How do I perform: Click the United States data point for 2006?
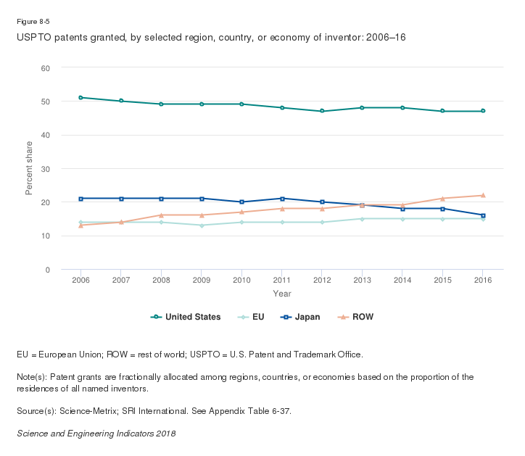(80, 97)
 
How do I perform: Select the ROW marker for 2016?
(483, 195)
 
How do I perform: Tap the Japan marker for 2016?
(483, 215)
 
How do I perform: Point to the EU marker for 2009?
(202, 225)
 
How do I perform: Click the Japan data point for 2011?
(282, 199)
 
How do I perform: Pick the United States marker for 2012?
(322, 111)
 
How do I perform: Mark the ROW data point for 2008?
(161, 215)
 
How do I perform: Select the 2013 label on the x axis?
(363, 280)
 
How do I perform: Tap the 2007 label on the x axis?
(121, 280)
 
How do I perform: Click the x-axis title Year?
(282, 294)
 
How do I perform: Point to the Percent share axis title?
(29, 168)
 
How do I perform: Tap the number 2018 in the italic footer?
(165, 434)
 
